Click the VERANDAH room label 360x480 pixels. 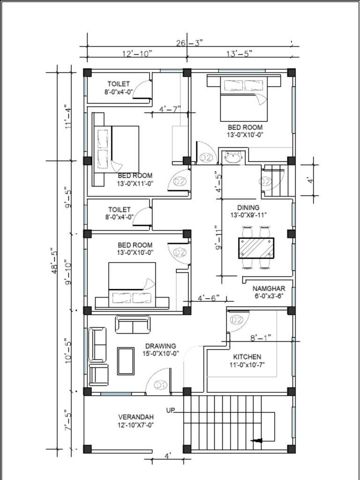tap(136, 417)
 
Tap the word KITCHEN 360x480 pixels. tap(247, 357)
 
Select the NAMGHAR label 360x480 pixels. tap(269, 288)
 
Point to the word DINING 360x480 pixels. tap(248, 208)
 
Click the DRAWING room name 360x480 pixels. tap(160, 346)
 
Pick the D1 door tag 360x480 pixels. tap(160, 385)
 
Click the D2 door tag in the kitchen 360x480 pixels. tap(236, 320)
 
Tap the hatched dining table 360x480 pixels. tap(256, 247)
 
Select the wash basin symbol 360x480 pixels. tap(233, 157)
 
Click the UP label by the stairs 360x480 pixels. tap(170, 410)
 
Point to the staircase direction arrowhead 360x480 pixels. tap(257, 441)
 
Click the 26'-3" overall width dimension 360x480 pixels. tap(189, 43)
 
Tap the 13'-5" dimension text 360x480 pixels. tap(240, 53)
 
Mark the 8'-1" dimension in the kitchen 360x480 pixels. tap(261, 337)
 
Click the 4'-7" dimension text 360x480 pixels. tap(170, 109)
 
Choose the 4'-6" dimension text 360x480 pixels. tap(209, 298)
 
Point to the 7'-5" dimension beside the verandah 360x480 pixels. tap(67, 420)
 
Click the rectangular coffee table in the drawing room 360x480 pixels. tap(126, 361)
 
